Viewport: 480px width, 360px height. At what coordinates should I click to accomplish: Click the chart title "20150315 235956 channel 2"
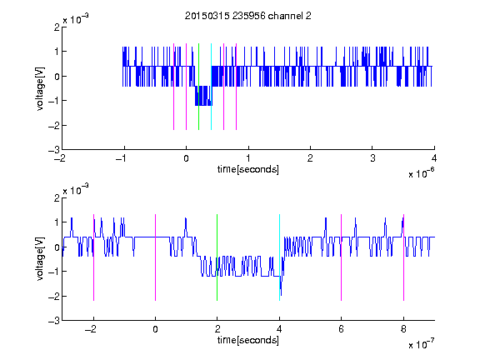pos(248,16)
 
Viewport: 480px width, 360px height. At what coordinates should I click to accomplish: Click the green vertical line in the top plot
pos(198,87)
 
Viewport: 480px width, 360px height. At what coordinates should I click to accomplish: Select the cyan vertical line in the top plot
pos(211,87)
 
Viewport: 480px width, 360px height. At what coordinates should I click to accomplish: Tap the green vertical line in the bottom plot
pos(217,257)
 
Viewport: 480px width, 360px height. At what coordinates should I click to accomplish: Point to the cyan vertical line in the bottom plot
pos(279,257)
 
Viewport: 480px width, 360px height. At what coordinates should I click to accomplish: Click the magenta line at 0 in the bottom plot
pos(155,257)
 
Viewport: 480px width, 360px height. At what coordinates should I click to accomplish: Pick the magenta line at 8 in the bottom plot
pos(403,257)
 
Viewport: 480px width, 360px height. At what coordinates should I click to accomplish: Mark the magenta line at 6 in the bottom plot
pos(341,257)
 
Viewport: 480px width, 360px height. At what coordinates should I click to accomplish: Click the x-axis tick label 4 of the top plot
pos(434,158)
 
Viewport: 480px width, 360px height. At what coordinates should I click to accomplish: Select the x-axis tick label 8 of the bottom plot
pos(403,329)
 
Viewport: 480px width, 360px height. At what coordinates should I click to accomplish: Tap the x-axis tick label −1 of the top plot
pos(122,158)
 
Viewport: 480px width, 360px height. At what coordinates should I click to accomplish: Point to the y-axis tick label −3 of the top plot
pos(54,150)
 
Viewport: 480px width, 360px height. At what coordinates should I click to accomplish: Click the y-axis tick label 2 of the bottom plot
pos(57,198)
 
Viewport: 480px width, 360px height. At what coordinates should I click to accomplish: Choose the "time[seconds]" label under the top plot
pos(248,169)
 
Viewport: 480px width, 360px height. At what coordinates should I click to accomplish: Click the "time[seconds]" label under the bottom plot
pos(248,340)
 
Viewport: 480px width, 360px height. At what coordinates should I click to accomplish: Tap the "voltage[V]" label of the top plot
pos(40,88)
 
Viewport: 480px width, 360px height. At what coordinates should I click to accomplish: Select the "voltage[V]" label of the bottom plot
pos(40,259)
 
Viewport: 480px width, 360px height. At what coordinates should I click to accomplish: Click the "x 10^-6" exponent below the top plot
pos(421,173)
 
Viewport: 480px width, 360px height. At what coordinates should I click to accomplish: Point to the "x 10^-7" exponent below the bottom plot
pos(421,344)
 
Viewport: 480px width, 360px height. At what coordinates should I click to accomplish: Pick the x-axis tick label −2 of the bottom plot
pos(90,329)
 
